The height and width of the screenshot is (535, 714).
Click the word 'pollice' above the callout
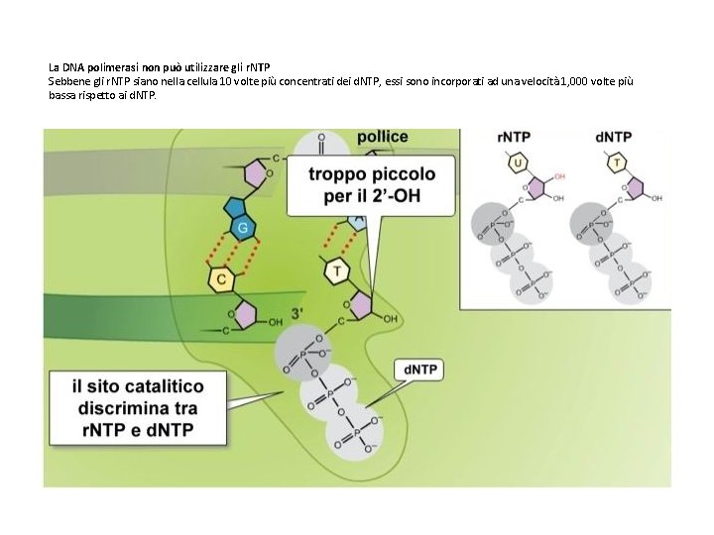click(382, 137)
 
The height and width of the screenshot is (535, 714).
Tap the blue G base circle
click(240, 229)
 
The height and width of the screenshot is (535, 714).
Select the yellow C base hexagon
click(222, 279)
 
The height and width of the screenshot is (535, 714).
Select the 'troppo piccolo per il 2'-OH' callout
click(371, 185)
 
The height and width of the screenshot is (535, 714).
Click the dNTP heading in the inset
click(612, 137)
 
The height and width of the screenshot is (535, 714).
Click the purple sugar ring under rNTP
click(539, 187)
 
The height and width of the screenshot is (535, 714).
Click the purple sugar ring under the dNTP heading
click(637, 187)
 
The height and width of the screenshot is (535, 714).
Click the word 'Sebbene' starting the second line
click(65, 80)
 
